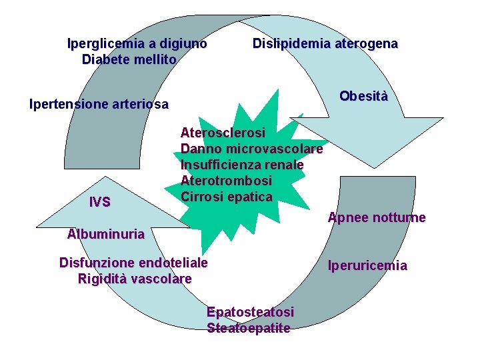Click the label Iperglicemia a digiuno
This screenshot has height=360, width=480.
coord(137,44)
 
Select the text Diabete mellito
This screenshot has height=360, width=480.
coord(129,59)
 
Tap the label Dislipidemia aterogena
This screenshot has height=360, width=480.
coord(325,44)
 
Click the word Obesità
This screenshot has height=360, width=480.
coord(363,96)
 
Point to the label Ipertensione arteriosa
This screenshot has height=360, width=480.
coord(99,104)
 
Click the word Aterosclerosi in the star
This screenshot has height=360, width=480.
coord(223,133)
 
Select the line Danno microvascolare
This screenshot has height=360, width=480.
coord(251,149)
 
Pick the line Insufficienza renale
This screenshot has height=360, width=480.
coord(242,165)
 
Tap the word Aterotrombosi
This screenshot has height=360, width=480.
coord(226,181)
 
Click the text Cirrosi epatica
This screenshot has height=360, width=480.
coord(226,197)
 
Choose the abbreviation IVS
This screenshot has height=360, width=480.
coord(100,202)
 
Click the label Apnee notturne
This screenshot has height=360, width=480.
coord(377,218)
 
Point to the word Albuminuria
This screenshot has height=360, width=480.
coord(106,234)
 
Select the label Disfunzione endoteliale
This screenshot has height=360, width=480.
coord(133,263)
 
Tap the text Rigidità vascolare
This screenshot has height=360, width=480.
coord(135,279)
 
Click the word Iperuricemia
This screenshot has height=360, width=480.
coord(367,266)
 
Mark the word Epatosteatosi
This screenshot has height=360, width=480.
coord(250,312)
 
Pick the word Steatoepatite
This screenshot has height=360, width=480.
coord(249,328)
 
